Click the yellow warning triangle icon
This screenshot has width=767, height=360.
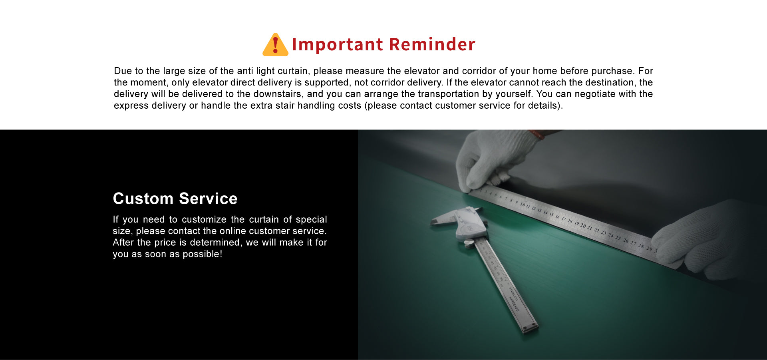275,44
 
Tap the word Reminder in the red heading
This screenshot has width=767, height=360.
432,44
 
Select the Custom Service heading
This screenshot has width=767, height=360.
175,199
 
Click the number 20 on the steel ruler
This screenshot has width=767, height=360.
583,225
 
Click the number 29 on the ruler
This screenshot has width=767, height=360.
649,249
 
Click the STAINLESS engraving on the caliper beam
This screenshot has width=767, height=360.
513,294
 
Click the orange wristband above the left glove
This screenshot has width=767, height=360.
537,134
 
